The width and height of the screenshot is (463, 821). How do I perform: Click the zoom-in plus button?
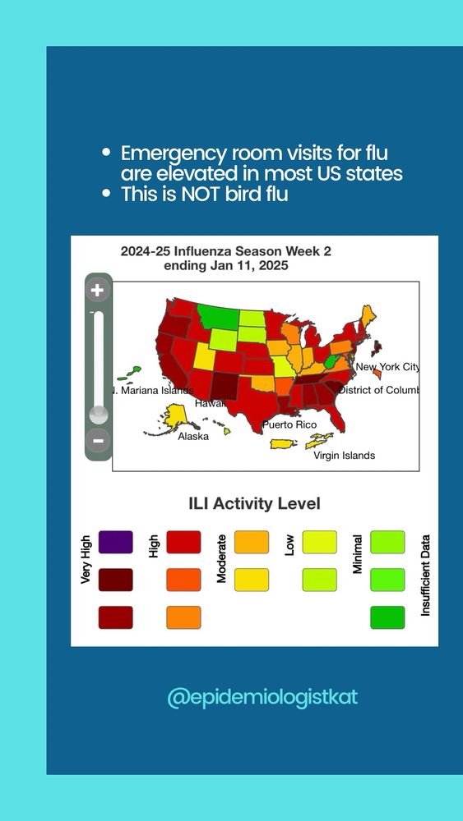[98, 291]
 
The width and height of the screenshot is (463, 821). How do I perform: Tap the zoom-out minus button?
[98, 440]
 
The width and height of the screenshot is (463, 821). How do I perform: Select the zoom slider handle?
[99, 414]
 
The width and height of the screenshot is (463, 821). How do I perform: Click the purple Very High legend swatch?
[115, 542]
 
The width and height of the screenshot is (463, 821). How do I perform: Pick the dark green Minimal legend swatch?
[387, 617]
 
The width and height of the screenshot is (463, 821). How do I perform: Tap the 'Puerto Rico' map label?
[289, 424]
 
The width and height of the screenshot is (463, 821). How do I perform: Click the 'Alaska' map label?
[193, 436]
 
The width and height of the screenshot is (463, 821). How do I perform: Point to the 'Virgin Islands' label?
[344, 456]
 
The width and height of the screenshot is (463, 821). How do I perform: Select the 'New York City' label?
[387, 367]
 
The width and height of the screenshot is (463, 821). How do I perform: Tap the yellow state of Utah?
[205, 356]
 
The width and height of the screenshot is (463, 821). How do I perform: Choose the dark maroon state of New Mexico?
[226, 386]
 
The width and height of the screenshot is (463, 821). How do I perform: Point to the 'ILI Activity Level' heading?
[254, 504]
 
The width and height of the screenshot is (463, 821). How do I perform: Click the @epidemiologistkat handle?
[262, 697]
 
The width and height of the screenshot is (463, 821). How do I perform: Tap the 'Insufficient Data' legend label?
[426, 575]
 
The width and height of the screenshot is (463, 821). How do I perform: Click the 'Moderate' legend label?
[221, 558]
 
